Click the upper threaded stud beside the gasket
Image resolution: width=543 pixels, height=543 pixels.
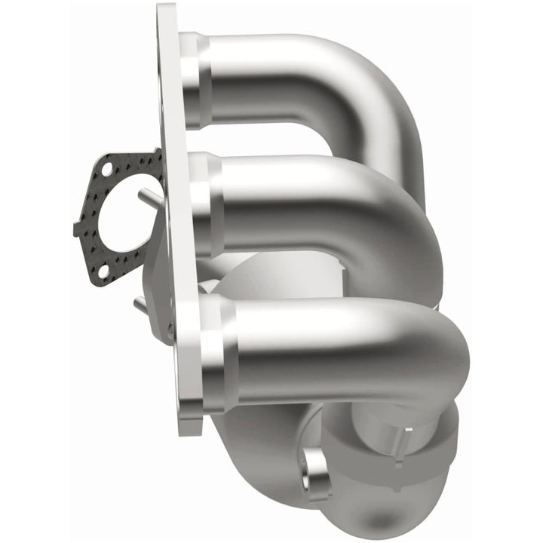pyautogui.click(x=150, y=198)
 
